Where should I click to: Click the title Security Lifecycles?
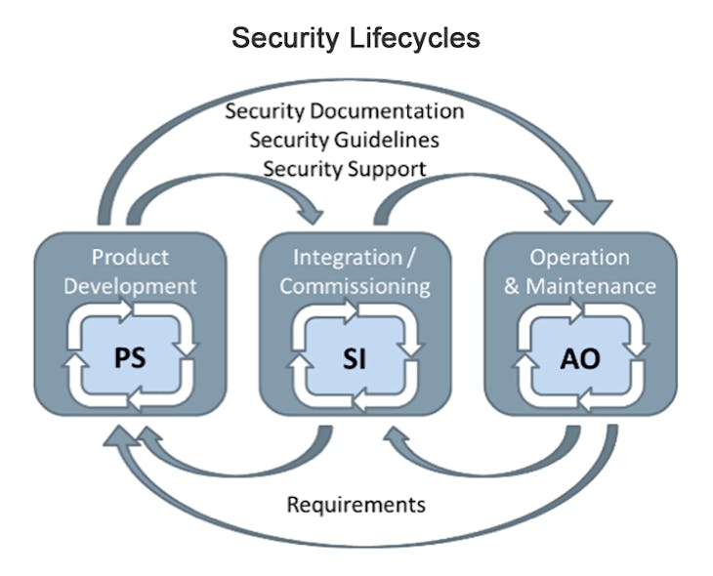(x=356, y=38)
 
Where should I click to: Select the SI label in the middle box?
(x=355, y=358)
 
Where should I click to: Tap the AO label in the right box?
(x=580, y=358)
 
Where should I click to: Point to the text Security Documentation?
(x=344, y=110)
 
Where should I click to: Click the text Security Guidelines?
(x=344, y=140)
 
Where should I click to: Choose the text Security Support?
(x=344, y=169)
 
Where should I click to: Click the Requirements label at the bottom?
(x=356, y=505)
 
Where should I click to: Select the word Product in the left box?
(x=130, y=258)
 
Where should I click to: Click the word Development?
(x=130, y=286)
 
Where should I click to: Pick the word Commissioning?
(x=356, y=286)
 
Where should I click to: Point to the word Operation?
(x=579, y=258)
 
